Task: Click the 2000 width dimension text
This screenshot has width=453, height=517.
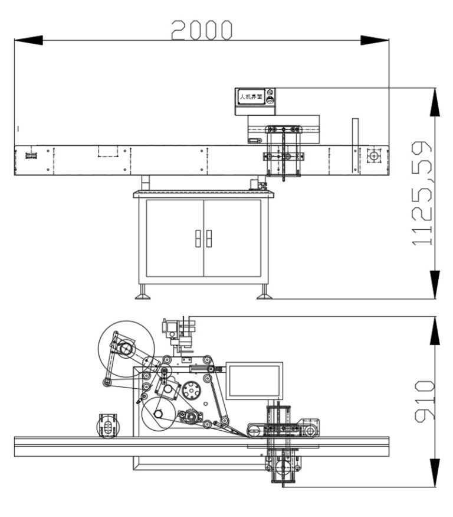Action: pos(202,30)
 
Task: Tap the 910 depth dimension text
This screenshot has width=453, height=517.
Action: pos(424,401)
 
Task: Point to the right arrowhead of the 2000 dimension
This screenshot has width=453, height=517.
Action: pos(375,40)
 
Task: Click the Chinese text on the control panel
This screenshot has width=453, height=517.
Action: pos(250,96)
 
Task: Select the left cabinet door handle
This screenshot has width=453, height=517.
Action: pos(198,238)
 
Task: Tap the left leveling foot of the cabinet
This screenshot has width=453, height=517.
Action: pos(142,293)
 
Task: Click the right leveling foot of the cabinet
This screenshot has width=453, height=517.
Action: pos(264,293)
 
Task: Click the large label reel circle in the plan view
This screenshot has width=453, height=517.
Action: pos(126,349)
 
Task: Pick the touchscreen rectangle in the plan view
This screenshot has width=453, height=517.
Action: pos(254,381)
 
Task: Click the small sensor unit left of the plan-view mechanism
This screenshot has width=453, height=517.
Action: pos(108,425)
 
